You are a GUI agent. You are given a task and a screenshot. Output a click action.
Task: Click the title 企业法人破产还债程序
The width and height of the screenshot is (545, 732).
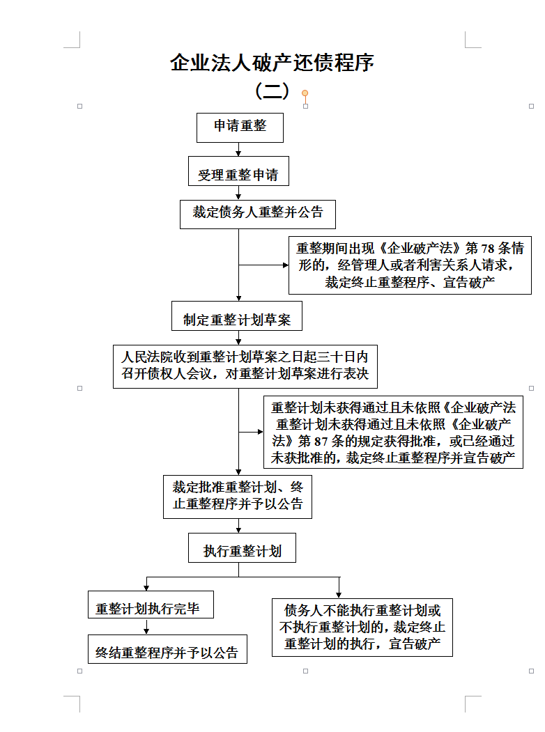click(x=272, y=63)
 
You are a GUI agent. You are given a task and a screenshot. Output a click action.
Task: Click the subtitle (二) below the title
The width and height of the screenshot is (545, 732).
click(x=272, y=91)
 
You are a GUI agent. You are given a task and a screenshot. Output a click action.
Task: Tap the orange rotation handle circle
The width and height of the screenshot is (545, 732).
click(x=305, y=93)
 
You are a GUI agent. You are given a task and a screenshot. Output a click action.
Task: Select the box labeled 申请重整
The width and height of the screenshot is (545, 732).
click(x=240, y=127)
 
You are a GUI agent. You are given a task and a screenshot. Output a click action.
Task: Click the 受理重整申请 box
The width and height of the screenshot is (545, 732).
click(x=238, y=171)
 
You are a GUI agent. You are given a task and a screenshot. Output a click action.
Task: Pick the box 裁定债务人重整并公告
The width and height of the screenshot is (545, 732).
click(x=258, y=215)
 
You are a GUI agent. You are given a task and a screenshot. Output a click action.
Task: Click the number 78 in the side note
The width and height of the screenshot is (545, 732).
click(x=488, y=248)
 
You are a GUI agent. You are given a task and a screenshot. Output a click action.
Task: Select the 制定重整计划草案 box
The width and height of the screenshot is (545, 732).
click(x=237, y=316)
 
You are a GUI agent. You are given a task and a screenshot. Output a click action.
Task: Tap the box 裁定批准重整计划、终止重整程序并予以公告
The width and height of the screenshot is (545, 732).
click(x=238, y=497)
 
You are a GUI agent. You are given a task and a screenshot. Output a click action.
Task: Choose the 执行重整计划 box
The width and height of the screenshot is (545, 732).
click(x=242, y=547)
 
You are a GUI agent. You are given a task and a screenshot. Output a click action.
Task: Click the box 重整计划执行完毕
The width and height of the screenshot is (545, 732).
click(x=151, y=605)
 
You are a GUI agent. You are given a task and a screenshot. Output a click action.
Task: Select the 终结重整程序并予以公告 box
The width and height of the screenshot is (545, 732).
click(x=168, y=649)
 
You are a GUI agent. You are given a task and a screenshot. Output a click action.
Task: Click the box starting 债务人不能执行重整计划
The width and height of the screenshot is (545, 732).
click(x=362, y=628)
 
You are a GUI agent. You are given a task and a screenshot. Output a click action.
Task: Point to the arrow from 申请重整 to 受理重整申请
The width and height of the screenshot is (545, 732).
click(x=238, y=149)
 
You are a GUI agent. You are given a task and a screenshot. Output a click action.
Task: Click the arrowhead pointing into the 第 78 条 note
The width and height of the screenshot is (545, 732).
click(x=286, y=265)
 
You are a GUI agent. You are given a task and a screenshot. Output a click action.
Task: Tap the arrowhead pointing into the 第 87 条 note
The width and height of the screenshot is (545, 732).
click(x=261, y=432)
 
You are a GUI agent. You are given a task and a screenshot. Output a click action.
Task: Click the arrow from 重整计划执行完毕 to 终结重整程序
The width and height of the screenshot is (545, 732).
click(x=146, y=627)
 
